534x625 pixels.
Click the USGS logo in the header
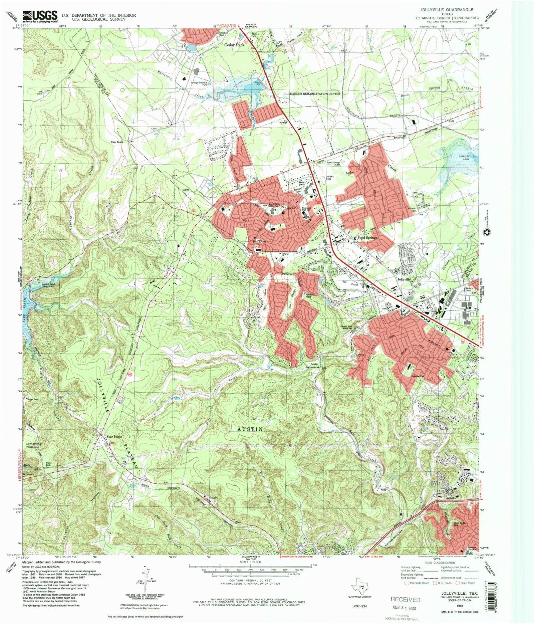coord(40,16)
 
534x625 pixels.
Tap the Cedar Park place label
coord(234,45)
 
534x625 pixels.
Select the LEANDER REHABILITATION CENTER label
coord(314,94)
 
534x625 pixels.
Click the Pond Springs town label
coord(367,238)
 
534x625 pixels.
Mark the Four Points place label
coord(114,436)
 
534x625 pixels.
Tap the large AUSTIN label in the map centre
coord(250,429)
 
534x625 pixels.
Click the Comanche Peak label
coord(33,445)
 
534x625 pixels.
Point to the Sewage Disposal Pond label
coord(199,83)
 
